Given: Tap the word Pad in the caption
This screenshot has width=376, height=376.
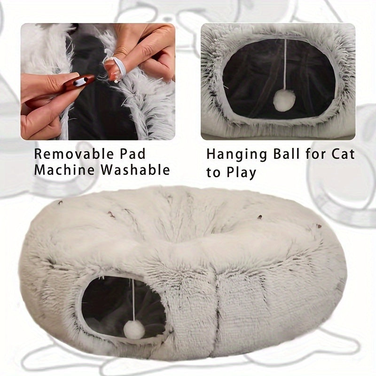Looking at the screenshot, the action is click(x=133, y=154).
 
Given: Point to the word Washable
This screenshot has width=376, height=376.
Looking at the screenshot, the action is click(x=136, y=170).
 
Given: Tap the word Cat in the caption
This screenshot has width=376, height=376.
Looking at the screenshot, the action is click(x=343, y=154).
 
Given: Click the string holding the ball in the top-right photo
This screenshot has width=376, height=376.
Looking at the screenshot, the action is click(x=285, y=65).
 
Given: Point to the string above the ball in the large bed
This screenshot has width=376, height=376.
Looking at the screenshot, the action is click(x=133, y=300).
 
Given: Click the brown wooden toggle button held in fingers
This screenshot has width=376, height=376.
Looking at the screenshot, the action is click(x=79, y=81).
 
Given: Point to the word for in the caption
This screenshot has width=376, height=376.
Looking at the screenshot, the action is click(x=315, y=154).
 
